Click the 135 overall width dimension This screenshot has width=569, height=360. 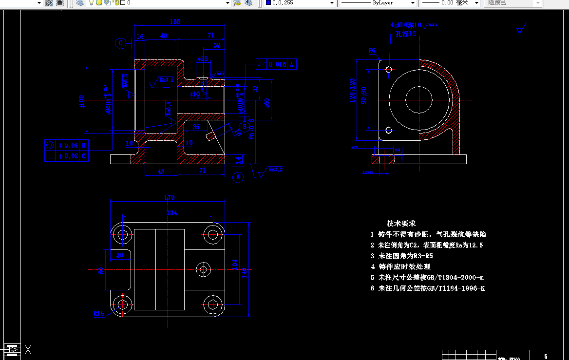175,21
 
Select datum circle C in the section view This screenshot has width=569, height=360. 121,43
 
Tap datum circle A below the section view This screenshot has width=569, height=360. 238,177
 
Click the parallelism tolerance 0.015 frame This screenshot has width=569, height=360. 276,64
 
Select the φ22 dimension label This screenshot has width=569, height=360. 202,58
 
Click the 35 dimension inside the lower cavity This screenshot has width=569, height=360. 196,127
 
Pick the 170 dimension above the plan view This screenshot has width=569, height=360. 169,197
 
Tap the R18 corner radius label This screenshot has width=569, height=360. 99,313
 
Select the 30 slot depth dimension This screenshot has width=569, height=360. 119,255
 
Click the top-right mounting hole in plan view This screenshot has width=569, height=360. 212,235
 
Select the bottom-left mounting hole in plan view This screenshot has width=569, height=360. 122,305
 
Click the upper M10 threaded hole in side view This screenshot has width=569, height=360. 388,70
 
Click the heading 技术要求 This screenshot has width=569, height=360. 401,223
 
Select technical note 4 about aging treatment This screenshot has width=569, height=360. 400,266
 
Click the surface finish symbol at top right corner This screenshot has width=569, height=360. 520,29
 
